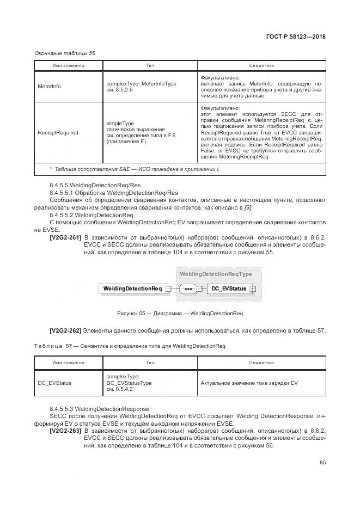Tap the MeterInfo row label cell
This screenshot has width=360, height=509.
coord(50,87)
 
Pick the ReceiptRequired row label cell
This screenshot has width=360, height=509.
coord(58,132)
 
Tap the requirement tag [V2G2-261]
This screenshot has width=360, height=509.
coord(65,237)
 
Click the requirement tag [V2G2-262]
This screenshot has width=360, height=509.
coord(65,330)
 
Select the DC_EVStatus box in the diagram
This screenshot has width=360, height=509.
coord(229,289)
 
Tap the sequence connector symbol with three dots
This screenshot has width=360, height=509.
coord(189,289)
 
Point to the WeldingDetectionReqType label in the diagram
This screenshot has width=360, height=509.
coord(216,273)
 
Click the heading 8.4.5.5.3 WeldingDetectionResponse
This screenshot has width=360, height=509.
coord(99,408)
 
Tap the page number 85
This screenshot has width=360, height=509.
coord(322,463)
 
